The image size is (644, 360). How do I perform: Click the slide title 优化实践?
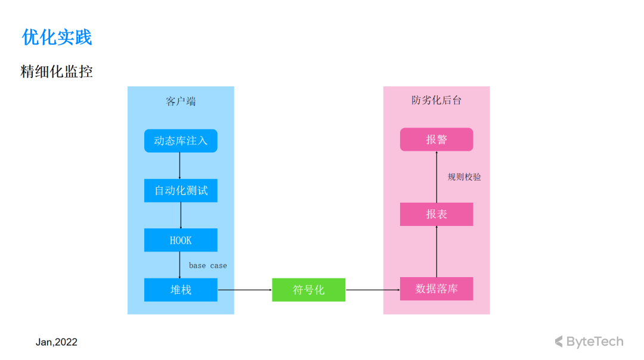coord(57,38)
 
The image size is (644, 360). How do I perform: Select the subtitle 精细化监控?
coord(57,72)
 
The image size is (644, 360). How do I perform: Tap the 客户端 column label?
coord(181,101)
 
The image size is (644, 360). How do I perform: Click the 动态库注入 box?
coord(181,141)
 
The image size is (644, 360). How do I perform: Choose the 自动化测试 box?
coord(181,191)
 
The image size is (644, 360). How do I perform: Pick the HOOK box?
coord(181,240)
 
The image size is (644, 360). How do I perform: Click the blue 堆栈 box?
coord(181,290)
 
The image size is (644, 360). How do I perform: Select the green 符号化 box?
coord(308,290)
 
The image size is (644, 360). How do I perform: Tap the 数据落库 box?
coord(436,288)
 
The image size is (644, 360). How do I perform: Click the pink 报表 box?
coord(436,215)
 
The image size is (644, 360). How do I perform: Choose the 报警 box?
coord(436,139)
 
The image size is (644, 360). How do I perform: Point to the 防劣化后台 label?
coord(436,100)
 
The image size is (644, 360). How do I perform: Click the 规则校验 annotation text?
coord(464,177)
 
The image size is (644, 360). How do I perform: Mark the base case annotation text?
coord(208,266)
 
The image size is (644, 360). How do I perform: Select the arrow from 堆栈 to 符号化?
coord(245,290)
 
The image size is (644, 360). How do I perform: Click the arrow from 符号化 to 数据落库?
coord(373,290)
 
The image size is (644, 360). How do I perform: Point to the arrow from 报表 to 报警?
coord(436,177)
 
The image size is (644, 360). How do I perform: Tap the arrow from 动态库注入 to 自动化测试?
coord(179,166)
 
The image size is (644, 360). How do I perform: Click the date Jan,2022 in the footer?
coord(56,342)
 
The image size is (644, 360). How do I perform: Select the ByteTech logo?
coord(589,342)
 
